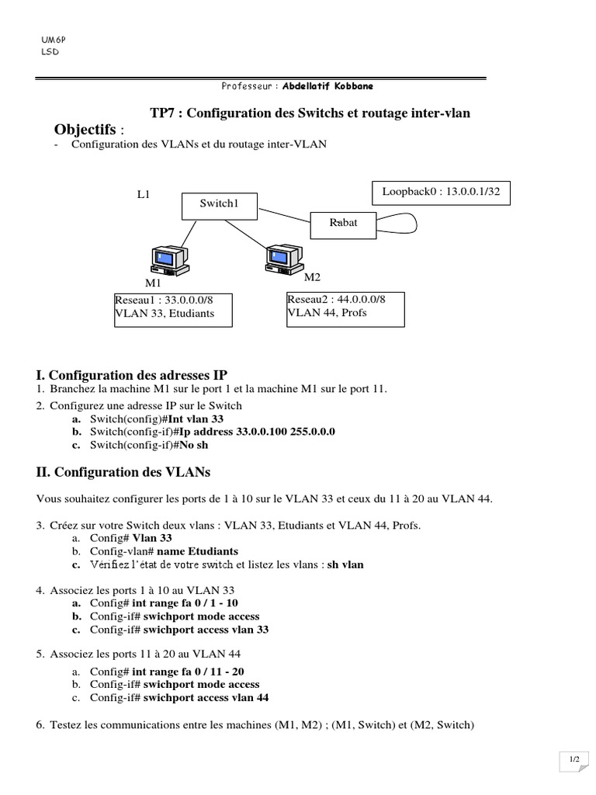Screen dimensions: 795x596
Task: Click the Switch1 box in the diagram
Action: tap(218, 204)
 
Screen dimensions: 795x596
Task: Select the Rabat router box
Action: tap(344, 224)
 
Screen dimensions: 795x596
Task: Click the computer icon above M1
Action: tap(168, 259)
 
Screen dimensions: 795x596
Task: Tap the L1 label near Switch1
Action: tap(144, 195)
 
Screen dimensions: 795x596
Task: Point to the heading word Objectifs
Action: tap(85, 128)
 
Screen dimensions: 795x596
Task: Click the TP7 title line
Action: tap(310, 113)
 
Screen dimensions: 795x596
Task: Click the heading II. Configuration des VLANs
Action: tap(123, 471)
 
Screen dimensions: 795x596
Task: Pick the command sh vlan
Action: tap(345, 564)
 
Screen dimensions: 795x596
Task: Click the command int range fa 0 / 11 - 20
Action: tap(189, 671)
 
